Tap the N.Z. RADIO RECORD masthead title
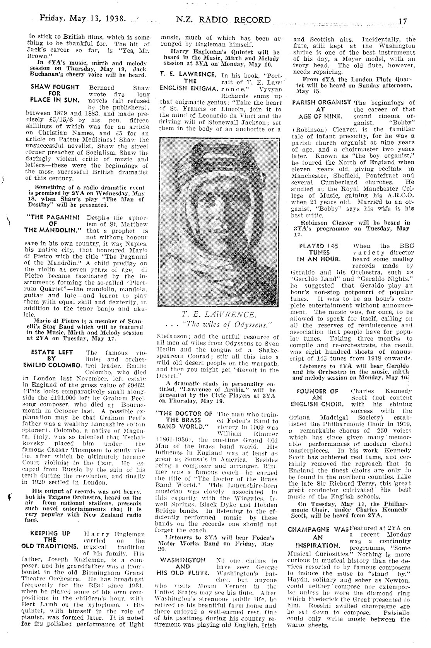tap(224, 20)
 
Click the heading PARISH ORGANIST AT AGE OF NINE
tap(322, 109)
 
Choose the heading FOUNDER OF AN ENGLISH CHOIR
tap(318, 397)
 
